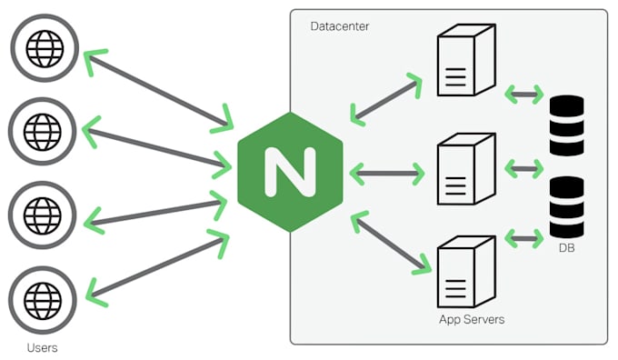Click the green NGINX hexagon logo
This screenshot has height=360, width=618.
coord(290,171)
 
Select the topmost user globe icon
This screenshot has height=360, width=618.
coord(42,45)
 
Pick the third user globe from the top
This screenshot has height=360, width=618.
coord(42,215)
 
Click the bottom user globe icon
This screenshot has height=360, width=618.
coord(42,298)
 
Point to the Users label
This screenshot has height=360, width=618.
coord(42,347)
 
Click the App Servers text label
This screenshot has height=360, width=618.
coord(471,320)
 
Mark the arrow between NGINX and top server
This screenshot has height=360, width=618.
coord(387,99)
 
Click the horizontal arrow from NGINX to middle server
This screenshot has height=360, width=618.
coord(387,171)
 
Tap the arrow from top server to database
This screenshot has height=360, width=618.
coord(523,94)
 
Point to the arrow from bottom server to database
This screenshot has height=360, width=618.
coord(523,239)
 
